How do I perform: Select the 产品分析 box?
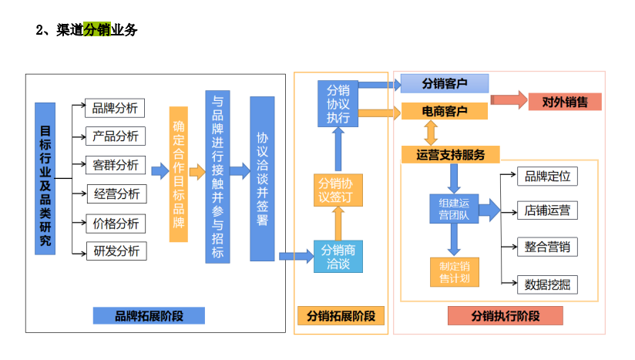[116, 136]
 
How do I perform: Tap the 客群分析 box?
[116, 165]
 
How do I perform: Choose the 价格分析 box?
[116, 223]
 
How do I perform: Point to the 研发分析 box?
[116, 251]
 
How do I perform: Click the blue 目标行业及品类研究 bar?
[45, 178]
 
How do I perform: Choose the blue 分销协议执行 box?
[337, 103]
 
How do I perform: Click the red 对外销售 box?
[565, 101]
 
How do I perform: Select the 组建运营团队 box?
[454, 210]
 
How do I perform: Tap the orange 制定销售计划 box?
[454, 271]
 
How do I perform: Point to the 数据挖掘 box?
[547, 284]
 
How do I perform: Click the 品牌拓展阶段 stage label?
[149, 315]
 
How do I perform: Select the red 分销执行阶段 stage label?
[505, 316]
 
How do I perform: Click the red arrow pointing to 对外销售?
[509, 100]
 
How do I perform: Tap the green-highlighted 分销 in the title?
[97, 30]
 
